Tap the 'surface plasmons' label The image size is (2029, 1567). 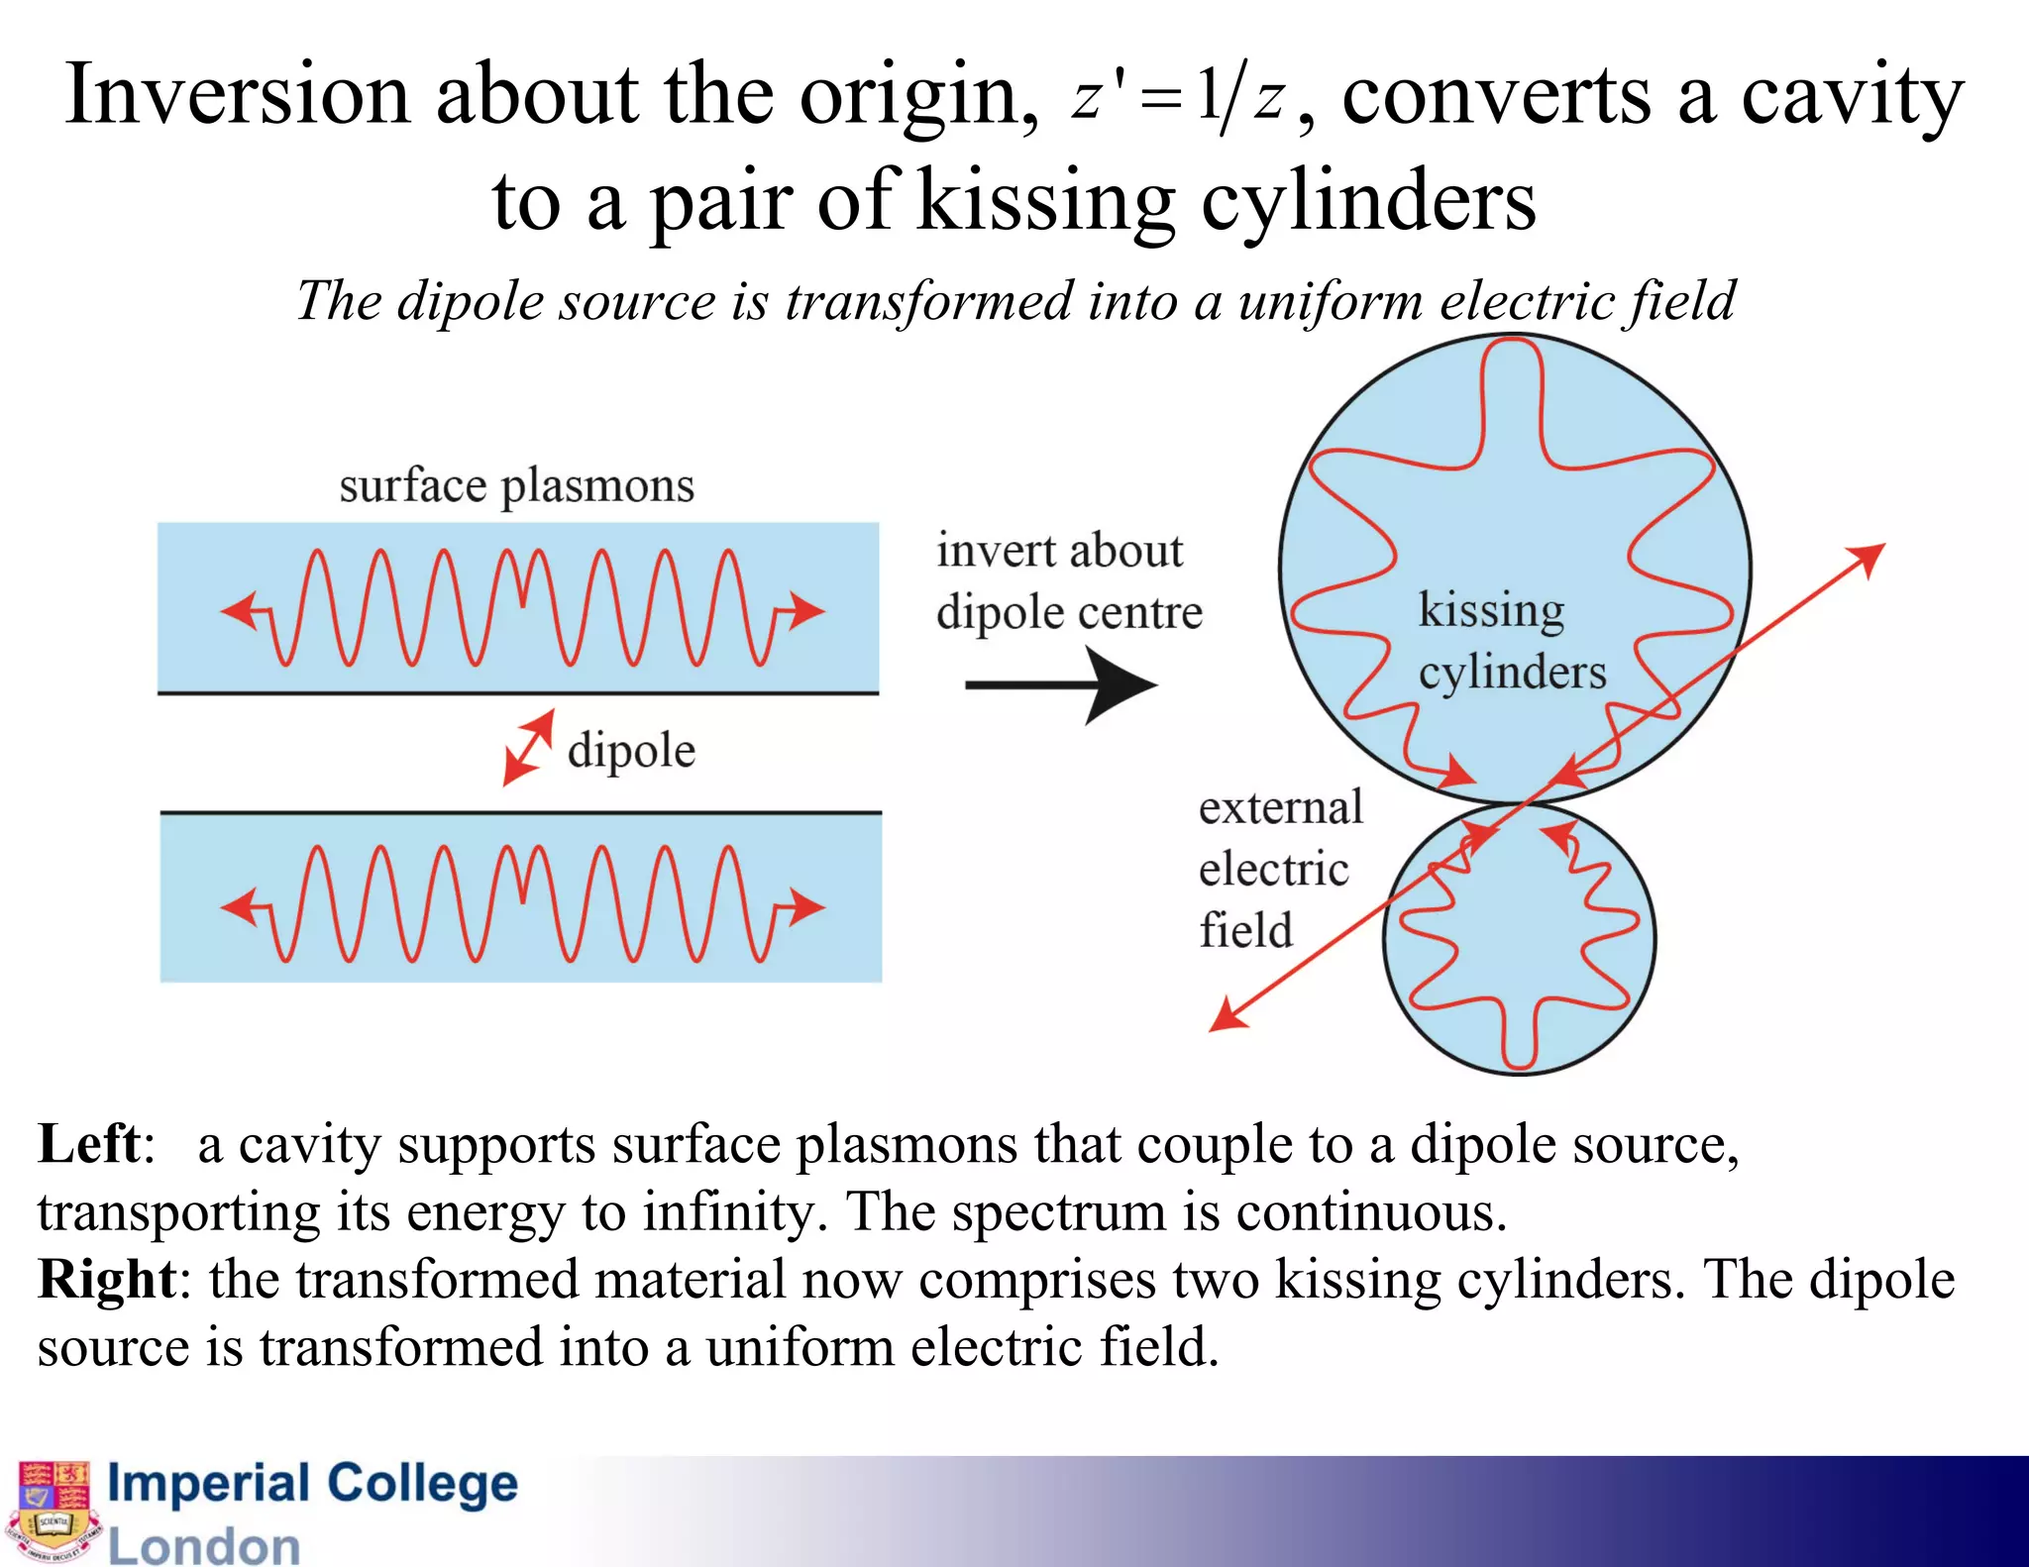coord(516,486)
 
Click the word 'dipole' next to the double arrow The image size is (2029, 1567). coord(631,750)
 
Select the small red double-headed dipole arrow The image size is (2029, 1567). coord(528,748)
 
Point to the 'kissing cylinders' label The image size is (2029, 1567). coord(1510,640)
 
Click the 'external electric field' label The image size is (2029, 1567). coord(1279,869)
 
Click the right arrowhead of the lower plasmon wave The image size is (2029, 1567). coord(808,906)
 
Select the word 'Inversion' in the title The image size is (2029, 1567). coord(237,95)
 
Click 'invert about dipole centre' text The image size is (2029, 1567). coord(1068,581)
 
